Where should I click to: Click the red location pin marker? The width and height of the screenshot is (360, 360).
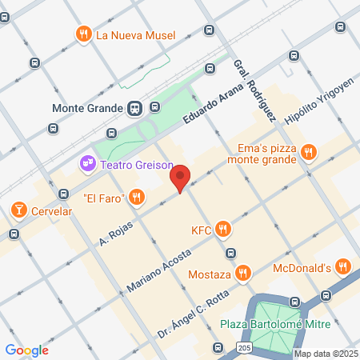tap(181, 178)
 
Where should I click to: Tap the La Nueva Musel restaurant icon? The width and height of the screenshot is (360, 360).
tap(83, 34)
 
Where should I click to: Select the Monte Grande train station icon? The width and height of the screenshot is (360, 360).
tap(134, 108)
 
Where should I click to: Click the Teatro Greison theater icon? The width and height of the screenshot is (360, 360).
tap(87, 163)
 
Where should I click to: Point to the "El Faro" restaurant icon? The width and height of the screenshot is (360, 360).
tap(138, 196)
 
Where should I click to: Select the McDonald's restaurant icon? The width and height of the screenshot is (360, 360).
tap(342, 267)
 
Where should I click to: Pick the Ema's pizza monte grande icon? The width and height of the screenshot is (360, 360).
tap(310, 152)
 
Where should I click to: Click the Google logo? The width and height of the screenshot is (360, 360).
tap(26, 350)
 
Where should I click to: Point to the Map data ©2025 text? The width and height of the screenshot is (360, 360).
tap(326, 354)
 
